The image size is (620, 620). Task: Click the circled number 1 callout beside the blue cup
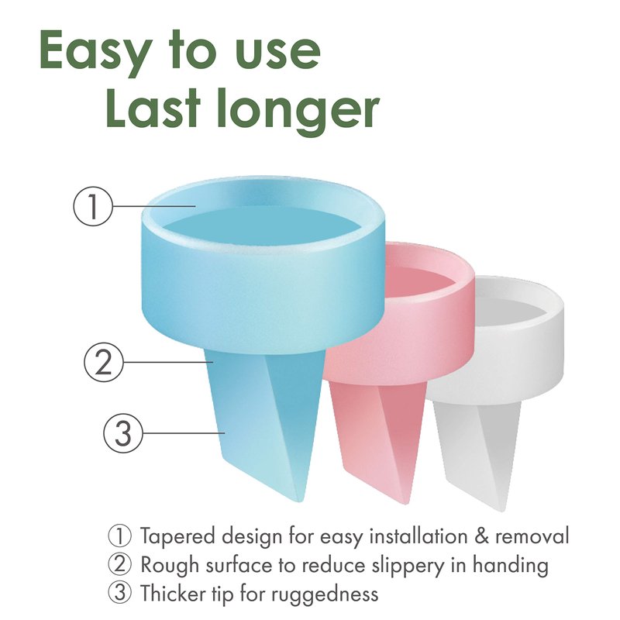tap(93, 206)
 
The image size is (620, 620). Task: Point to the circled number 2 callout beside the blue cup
tap(104, 362)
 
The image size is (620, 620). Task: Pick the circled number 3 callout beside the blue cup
tap(123, 433)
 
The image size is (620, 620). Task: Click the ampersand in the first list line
tap(480, 537)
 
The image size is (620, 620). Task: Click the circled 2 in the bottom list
tap(119, 565)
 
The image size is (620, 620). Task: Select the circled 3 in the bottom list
tap(119, 593)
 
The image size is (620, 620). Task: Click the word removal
tap(532, 536)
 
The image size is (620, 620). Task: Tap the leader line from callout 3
tap(184, 433)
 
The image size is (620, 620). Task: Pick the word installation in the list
tap(418, 536)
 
